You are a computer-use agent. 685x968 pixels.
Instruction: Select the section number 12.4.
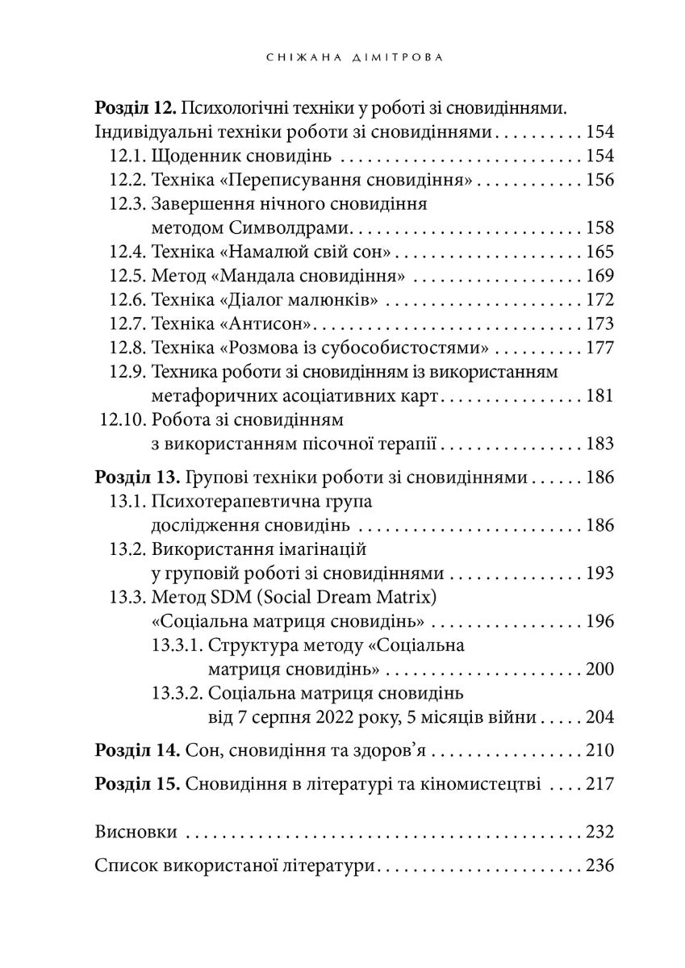(127, 252)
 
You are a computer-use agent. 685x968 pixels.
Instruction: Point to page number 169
(600, 276)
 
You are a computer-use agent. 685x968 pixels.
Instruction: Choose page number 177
(600, 348)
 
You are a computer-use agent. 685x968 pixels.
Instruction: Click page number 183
(600, 444)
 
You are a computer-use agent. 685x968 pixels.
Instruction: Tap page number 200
(600, 669)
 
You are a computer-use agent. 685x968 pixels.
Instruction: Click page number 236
(600, 866)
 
